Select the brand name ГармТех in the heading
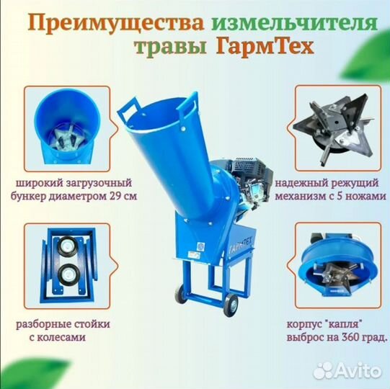point(259,48)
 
